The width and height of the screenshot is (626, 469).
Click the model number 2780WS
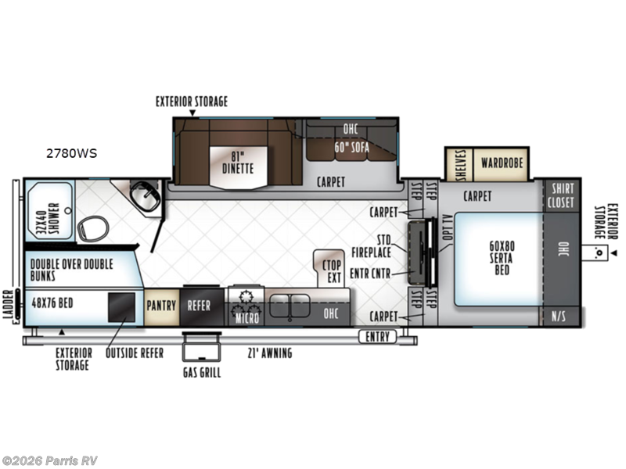point(70,153)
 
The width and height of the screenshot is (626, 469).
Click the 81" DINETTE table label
point(239,159)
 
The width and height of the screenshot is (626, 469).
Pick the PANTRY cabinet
point(162,304)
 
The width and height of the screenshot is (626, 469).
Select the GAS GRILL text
point(201,372)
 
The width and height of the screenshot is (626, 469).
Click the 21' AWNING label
point(269,353)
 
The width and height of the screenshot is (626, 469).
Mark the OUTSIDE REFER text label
point(135,353)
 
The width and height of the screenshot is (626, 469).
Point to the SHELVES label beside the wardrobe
point(459,164)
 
